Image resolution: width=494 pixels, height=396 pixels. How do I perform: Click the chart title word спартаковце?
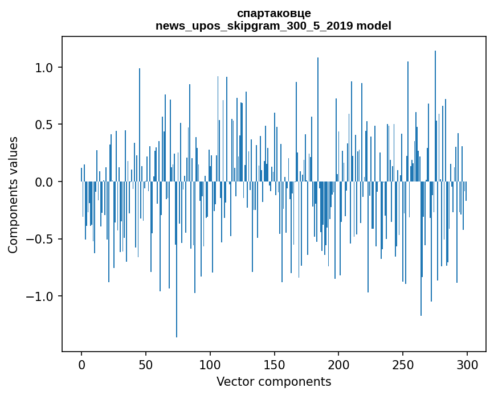tap(273, 14)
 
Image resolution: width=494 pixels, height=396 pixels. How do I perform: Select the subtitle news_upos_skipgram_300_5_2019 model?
tap(273, 26)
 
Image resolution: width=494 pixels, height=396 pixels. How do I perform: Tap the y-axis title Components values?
tap(13, 195)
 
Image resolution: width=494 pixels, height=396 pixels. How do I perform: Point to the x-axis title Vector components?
tap(273, 381)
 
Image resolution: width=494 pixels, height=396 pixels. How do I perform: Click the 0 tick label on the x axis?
tap(81, 364)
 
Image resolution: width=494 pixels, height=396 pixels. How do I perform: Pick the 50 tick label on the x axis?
tap(146, 364)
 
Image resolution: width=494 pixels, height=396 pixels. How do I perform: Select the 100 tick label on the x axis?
tap(210, 364)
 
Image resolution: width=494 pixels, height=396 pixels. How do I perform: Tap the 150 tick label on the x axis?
tap(275, 364)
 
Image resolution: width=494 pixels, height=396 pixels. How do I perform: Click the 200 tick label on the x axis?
tap(339, 364)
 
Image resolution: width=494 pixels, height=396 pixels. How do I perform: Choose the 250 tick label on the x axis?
tap(403, 364)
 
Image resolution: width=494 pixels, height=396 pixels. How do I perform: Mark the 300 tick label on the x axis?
tap(467, 364)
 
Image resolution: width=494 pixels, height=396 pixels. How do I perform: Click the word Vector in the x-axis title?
tap(234, 381)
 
